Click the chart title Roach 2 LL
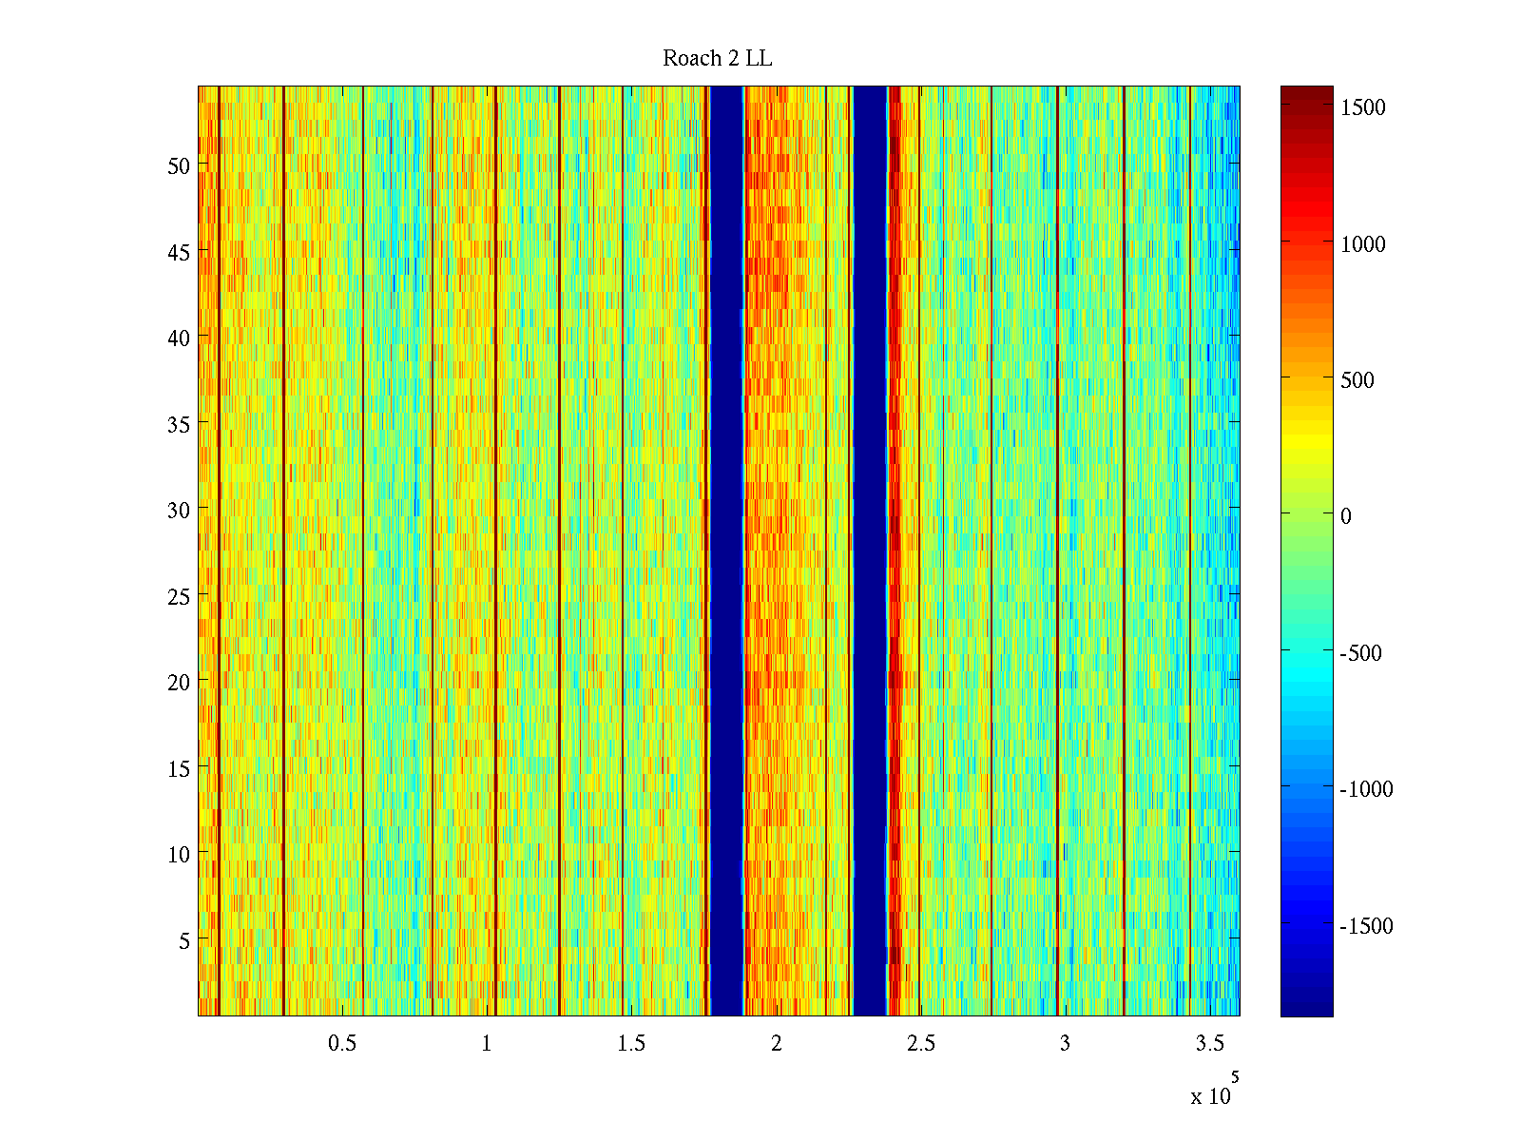(x=717, y=59)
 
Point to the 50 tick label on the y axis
(x=179, y=166)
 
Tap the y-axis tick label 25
(x=179, y=597)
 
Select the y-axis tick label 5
(x=184, y=941)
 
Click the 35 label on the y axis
(x=179, y=425)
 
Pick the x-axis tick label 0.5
(x=342, y=1044)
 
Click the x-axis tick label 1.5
(x=631, y=1044)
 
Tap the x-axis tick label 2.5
(x=920, y=1044)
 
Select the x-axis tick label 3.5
(x=1209, y=1044)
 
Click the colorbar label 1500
(x=1363, y=108)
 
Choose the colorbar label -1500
(x=1366, y=927)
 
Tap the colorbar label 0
(x=1346, y=517)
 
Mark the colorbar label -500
(x=1360, y=654)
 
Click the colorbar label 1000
(x=1363, y=245)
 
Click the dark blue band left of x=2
(x=727, y=551)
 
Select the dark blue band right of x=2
(x=870, y=551)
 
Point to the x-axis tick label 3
(x=1065, y=1044)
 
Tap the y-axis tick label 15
(x=179, y=769)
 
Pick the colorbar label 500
(x=1357, y=381)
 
